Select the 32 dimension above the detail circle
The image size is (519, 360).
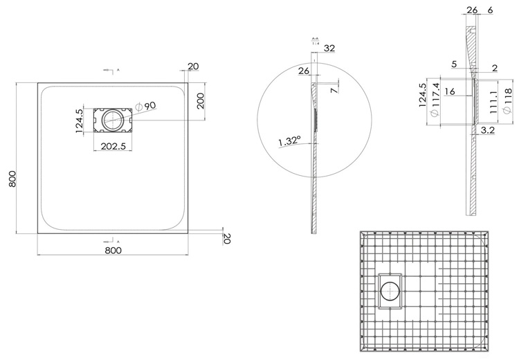click(329, 48)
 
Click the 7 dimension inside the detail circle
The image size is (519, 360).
click(335, 90)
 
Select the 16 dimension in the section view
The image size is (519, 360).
click(449, 91)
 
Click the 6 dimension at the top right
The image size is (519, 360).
click(490, 9)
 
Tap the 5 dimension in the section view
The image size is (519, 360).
click(453, 64)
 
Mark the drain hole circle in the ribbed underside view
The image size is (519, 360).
click(390, 291)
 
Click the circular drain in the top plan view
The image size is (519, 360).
click(112, 120)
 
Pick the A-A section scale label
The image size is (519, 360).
click(315, 40)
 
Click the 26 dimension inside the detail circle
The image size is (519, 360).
click(303, 71)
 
